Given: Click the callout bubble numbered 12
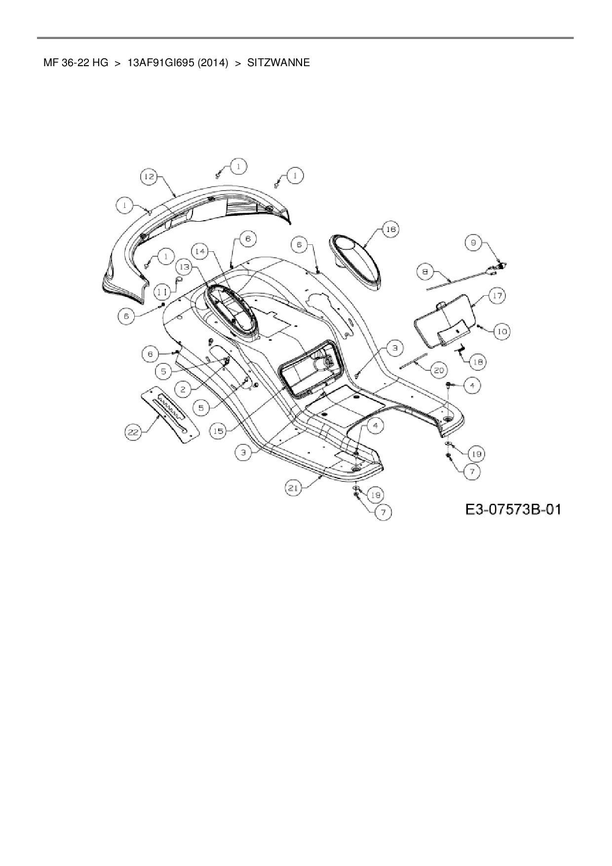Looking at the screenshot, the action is pos(149,176).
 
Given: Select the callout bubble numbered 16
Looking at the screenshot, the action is pos(390,230).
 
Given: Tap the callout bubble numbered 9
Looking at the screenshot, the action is pos(473,242).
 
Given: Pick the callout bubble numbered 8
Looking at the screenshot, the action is pos(425,271).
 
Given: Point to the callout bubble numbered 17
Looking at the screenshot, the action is pos(497,296).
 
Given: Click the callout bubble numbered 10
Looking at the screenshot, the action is pos(502,331).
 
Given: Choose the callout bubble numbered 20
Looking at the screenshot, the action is pos(438,370).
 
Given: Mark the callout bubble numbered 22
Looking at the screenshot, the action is pos(132,433).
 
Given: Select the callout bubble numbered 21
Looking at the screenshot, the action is pos(294,488).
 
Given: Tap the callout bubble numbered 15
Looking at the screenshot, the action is pos(218,431).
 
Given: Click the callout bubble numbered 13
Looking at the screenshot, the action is pos(184,267).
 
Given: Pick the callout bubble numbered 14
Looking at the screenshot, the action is pos(200,251).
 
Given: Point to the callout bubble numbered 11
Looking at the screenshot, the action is pos(161,292).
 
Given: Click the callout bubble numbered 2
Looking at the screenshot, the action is pos(183,389).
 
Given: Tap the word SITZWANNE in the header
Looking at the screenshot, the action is pos(278,63).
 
